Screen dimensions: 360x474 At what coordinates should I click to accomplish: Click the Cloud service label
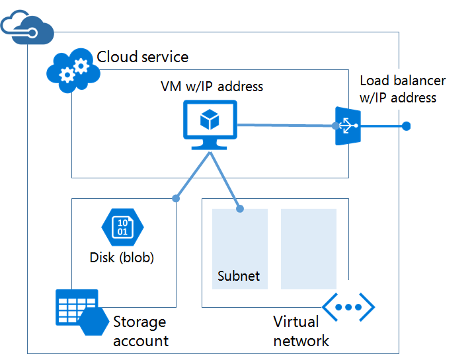pos(142,57)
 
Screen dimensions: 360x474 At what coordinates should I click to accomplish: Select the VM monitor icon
pos(210,126)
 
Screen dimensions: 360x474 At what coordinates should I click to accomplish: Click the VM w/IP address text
pos(212,87)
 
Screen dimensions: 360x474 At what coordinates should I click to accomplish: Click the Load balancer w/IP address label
pos(403,89)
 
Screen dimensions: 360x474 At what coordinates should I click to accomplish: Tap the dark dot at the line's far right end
pos(407,126)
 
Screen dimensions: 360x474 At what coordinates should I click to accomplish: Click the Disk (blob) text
pos(122,258)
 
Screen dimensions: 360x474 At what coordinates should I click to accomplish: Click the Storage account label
pos(140,331)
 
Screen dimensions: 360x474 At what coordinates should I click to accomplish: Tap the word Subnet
pos(239,276)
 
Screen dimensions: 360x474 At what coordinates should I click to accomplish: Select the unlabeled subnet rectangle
pos(308,248)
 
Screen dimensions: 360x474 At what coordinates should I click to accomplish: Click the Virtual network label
pos(301,331)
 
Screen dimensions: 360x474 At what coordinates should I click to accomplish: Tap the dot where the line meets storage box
pos(175,198)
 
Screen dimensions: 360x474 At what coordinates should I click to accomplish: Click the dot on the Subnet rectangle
pos(240,209)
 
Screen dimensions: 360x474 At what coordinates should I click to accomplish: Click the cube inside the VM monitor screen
pos(210,120)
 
